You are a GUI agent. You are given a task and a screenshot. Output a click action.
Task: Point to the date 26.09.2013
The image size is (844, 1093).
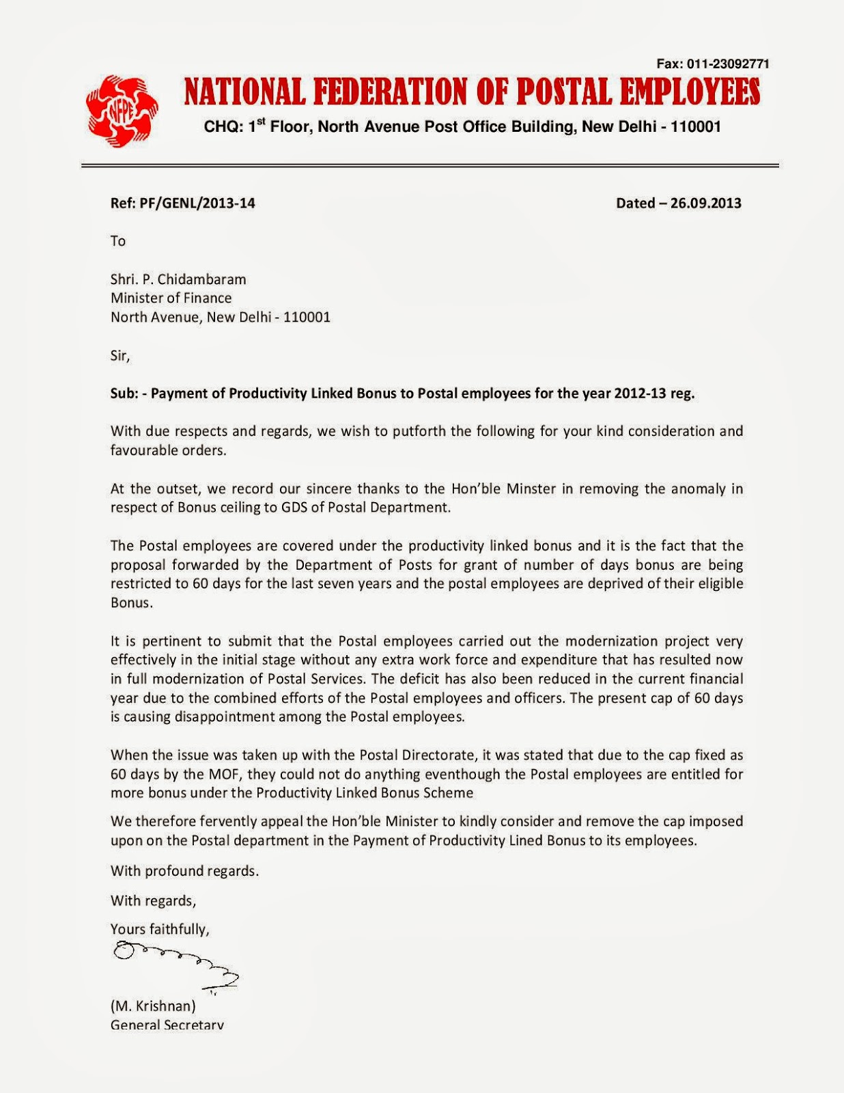pyautogui.click(x=705, y=203)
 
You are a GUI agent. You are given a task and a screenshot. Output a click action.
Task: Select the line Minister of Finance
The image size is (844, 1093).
pyautogui.click(x=171, y=298)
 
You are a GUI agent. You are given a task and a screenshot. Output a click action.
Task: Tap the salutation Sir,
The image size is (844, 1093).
pyautogui.click(x=120, y=355)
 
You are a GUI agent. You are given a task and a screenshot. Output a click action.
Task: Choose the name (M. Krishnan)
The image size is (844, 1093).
pyautogui.click(x=154, y=1006)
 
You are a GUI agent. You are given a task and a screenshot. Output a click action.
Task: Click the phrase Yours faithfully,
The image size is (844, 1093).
pyautogui.click(x=160, y=929)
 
